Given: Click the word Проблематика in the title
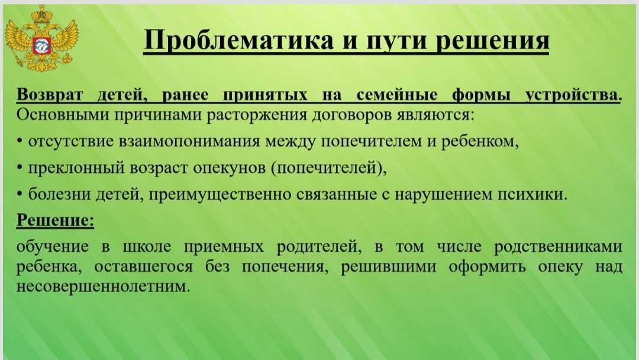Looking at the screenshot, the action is pos(238,40).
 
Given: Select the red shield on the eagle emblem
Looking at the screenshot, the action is pos(41,45).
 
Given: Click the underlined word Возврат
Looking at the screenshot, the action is pos(49,95).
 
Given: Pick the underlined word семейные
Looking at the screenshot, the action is pos(396,95).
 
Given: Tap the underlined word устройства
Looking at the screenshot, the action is pos(573,95).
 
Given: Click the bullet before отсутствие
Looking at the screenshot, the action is pos(20,141).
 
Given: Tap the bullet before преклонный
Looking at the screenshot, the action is pos(20,168).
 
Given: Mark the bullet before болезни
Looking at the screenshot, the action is pos(20,194).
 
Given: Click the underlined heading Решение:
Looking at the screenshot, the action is pos(55,220).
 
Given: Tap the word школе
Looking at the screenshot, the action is pos(147,247).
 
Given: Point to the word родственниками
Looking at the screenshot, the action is pos(558,247).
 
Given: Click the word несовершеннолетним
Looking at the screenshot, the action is pos(103,287).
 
